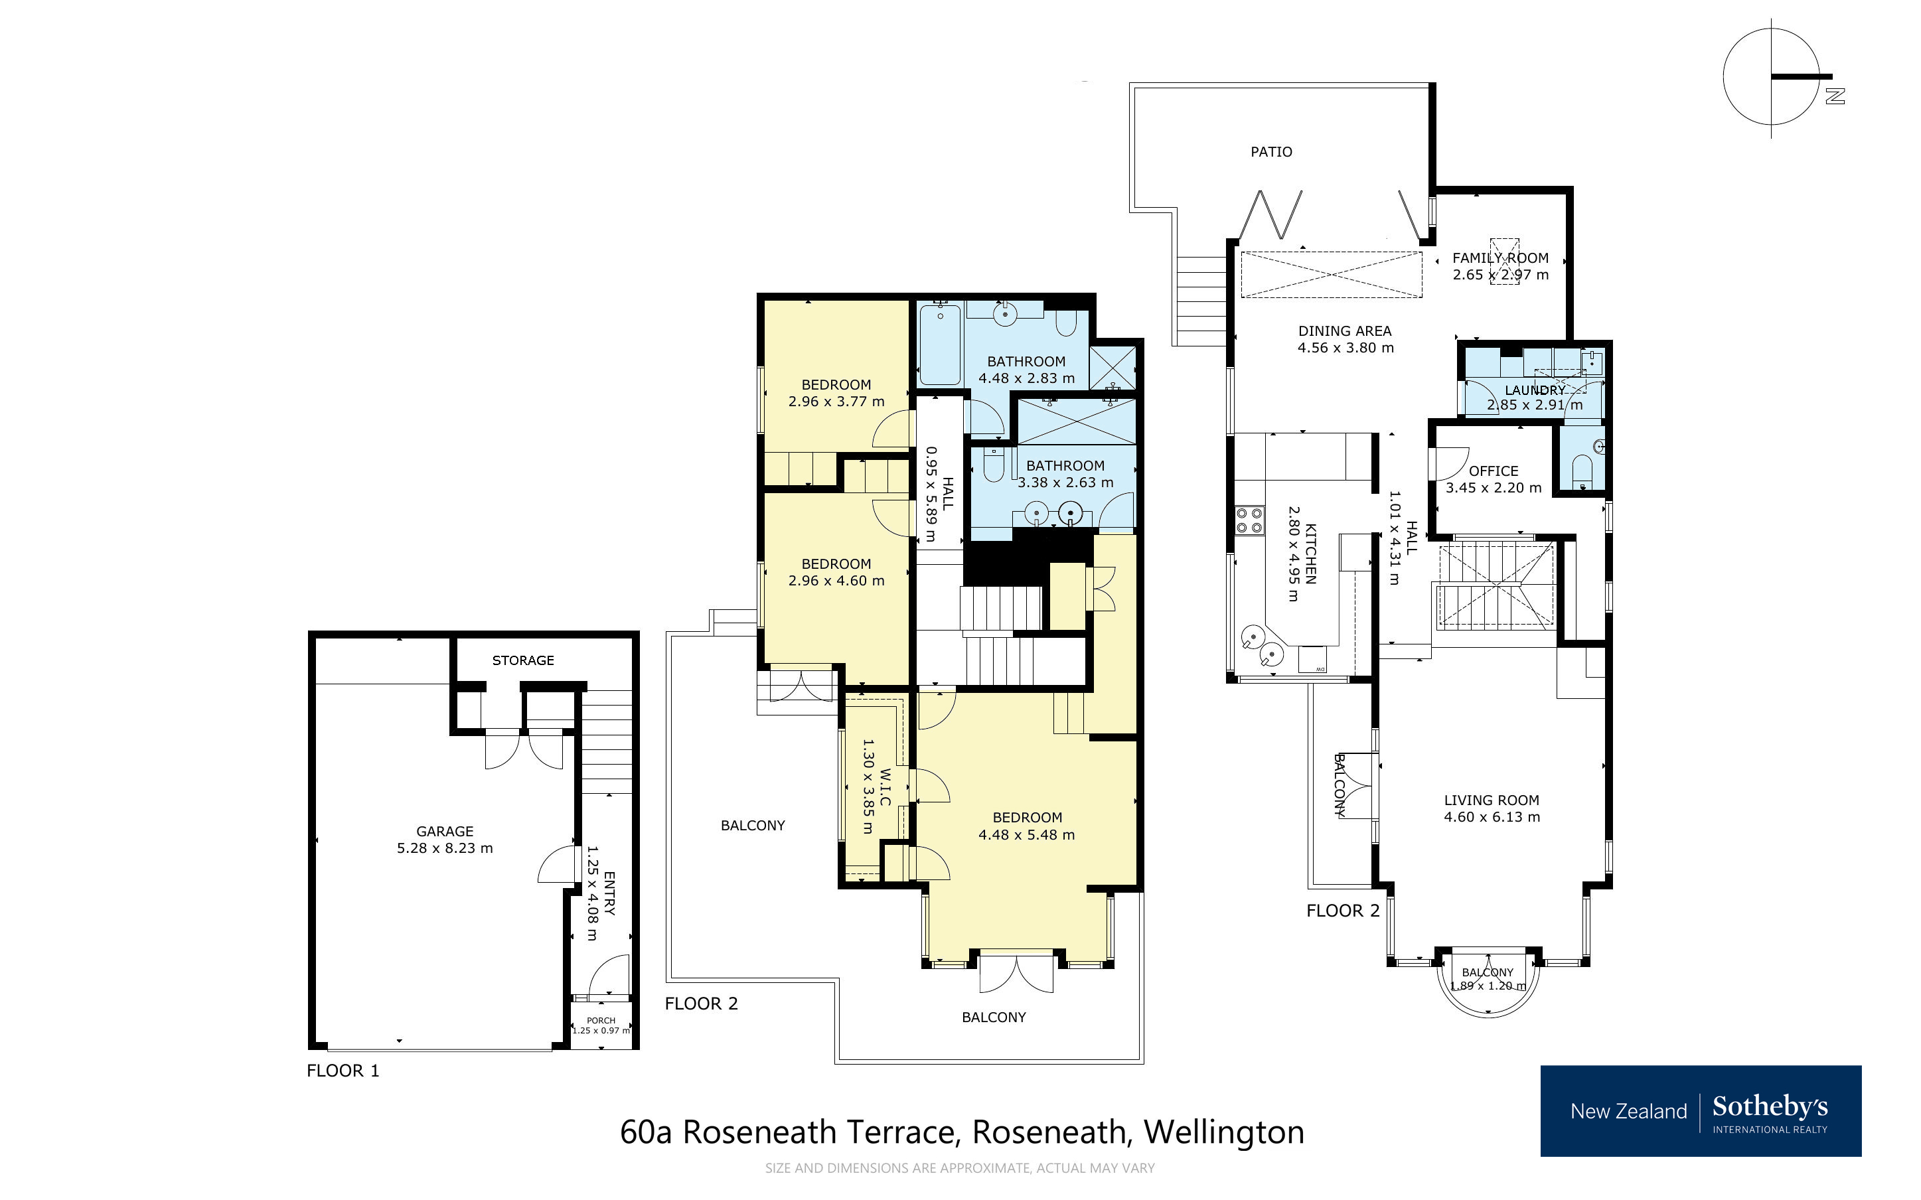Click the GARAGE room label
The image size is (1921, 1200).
tap(444, 831)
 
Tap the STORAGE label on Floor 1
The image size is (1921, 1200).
tap(523, 660)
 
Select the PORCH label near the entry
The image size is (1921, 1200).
tap(601, 1021)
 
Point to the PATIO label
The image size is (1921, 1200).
tap(1271, 151)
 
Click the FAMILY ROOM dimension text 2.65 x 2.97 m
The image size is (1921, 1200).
tap(1499, 275)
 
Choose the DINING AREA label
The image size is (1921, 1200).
tap(1344, 331)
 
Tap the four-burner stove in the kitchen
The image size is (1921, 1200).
tap(1249, 520)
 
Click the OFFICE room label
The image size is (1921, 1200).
tap(1494, 471)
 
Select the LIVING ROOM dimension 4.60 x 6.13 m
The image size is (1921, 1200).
tap(1491, 816)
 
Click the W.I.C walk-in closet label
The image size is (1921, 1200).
tap(885, 787)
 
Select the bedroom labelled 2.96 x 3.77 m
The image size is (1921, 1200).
tap(836, 393)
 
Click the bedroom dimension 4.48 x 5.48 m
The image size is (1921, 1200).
tap(1026, 835)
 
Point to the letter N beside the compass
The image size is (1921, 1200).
tap(1835, 96)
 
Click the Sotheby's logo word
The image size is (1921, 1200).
tap(1770, 1106)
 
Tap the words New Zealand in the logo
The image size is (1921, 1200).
tap(1628, 1111)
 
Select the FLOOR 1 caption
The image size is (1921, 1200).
tap(343, 1071)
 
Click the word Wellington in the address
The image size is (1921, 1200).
tap(1223, 1132)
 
